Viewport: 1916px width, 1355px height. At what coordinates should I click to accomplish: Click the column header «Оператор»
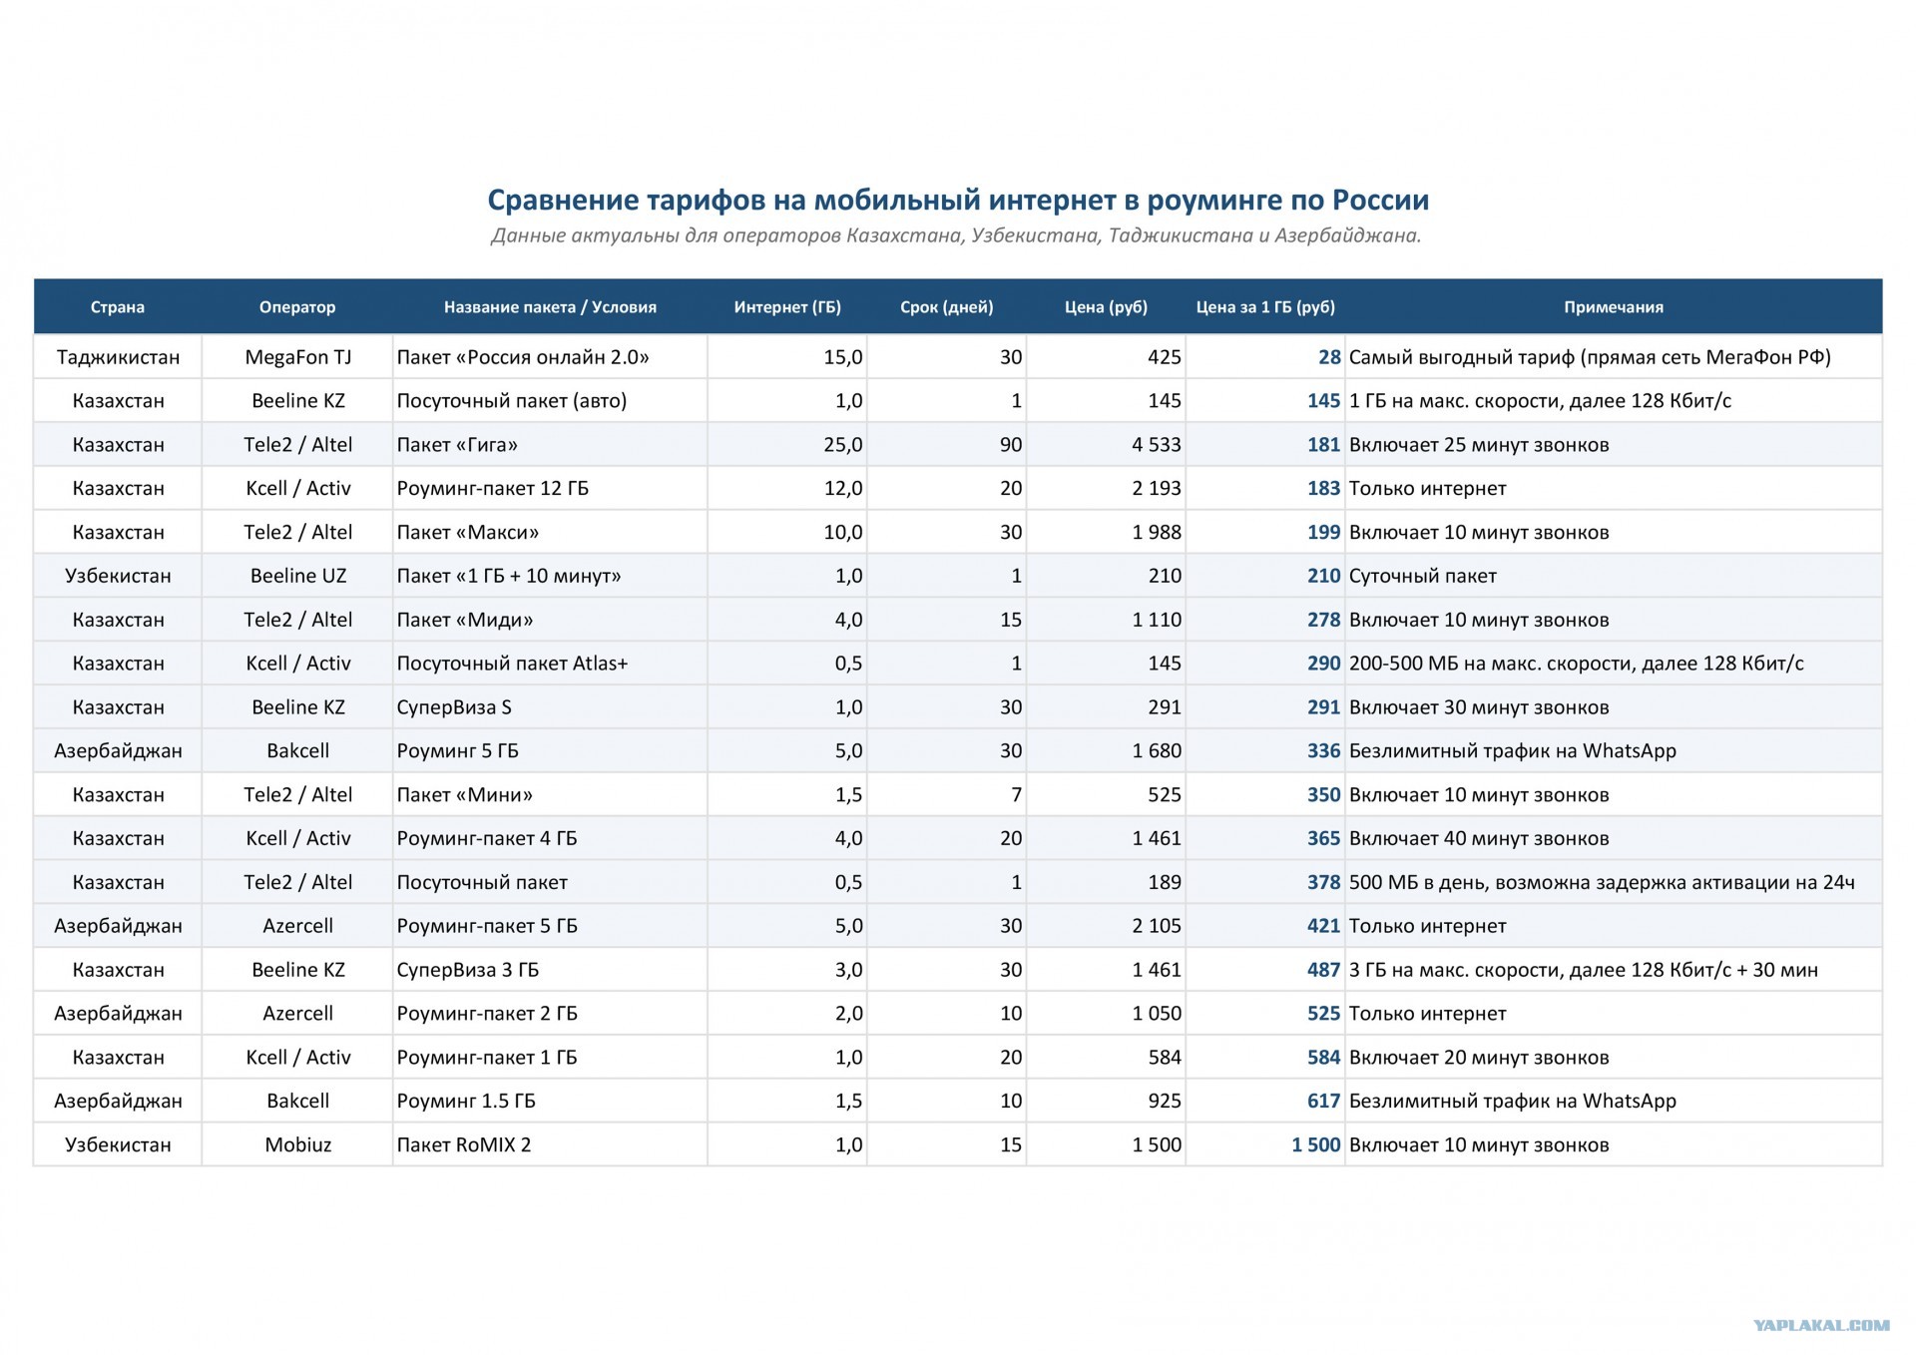(297, 307)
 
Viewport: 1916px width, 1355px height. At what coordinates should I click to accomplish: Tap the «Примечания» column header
(1613, 307)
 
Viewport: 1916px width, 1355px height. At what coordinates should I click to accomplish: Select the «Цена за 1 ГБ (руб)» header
(1265, 307)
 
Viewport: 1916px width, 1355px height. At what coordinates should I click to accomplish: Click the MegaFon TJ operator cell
(298, 357)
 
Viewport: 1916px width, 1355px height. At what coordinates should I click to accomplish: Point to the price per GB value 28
(1329, 357)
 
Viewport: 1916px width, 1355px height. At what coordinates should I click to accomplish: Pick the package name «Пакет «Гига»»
(457, 445)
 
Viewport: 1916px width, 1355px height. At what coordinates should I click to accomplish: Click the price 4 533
(1157, 445)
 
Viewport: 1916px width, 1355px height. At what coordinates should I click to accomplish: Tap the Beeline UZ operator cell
(298, 576)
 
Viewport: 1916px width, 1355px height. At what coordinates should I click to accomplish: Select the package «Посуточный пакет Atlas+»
(512, 664)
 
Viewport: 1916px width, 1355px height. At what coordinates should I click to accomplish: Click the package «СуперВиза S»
(454, 707)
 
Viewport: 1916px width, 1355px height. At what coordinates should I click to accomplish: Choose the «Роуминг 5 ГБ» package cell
(457, 751)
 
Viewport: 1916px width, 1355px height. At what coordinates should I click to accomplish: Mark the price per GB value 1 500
(1316, 1145)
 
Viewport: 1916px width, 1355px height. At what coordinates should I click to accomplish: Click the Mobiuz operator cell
(298, 1145)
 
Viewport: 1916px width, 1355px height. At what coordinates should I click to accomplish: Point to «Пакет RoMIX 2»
(464, 1145)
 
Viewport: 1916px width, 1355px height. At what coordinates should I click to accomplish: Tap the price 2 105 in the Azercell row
(1157, 926)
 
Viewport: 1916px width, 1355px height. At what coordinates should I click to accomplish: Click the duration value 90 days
(1011, 445)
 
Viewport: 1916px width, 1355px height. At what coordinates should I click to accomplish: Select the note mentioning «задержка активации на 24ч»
(1602, 882)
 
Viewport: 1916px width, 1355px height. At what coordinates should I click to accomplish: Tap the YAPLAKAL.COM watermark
(1821, 1325)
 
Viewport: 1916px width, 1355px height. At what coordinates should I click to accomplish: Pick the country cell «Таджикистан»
(118, 357)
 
